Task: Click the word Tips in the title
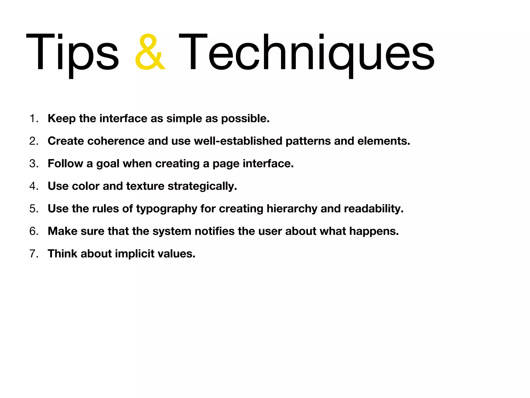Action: pyautogui.click(x=72, y=53)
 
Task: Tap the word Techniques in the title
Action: pyautogui.click(x=307, y=53)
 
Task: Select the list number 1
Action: pyautogui.click(x=34, y=118)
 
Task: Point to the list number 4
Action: pyautogui.click(x=34, y=186)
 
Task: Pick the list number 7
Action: pyautogui.click(x=34, y=254)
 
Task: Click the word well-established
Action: pyautogui.click(x=238, y=141)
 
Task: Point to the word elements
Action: pyautogui.click(x=384, y=141)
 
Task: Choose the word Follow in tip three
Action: pyautogui.click(x=65, y=164)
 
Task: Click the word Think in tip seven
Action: pyautogui.click(x=62, y=254)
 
